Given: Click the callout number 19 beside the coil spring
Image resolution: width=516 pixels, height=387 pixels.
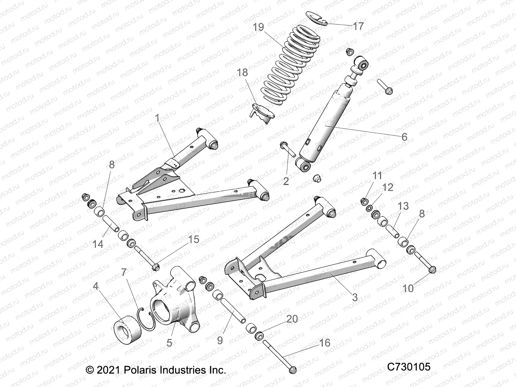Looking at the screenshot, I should [x=258, y=27].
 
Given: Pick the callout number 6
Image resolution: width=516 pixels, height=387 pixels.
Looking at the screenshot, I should [x=404, y=137].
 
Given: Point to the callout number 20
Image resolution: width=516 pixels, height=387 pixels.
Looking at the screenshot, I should [x=292, y=319].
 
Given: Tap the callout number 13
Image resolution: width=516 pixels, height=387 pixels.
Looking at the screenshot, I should [x=403, y=206].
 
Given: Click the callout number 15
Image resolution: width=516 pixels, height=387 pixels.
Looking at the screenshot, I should [x=194, y=240].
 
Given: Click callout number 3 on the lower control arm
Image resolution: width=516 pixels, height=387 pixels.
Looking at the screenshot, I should [x=355, y=297].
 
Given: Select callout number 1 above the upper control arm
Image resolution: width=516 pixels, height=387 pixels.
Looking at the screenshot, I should [x=157, y=118].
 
